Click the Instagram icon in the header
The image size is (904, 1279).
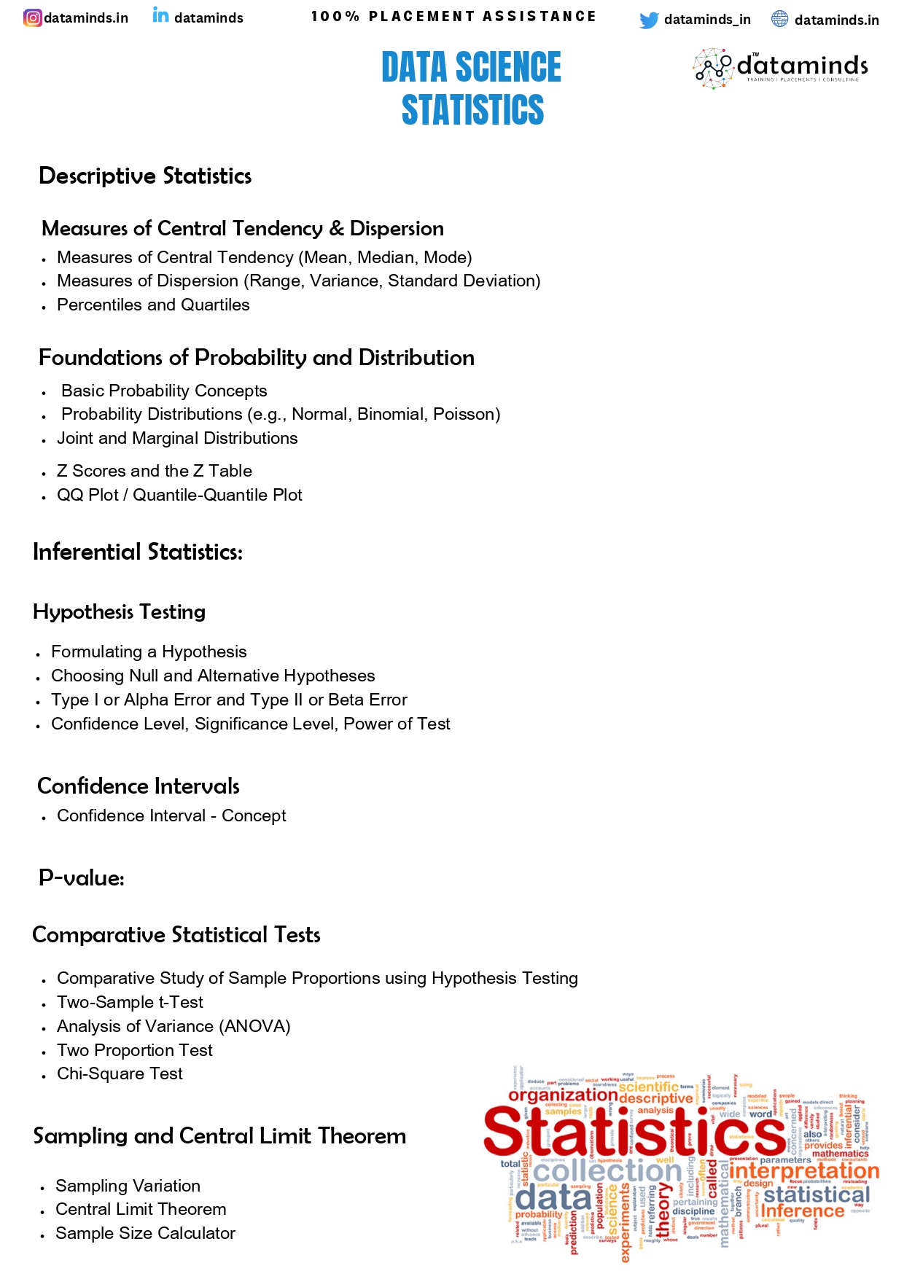click(33, 17)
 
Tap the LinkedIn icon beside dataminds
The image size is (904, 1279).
click(160, 15)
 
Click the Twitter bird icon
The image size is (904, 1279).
click(648, 20)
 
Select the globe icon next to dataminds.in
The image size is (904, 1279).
click(779, 19)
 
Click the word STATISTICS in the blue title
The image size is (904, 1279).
click(472, 110)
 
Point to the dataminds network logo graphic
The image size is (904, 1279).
click(712, 68)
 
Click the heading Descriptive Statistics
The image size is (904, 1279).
click(145, 176)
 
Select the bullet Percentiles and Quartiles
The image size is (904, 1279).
click(153, 305)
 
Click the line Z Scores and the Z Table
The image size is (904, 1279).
click(155, 471)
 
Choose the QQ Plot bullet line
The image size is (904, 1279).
click(179, 495)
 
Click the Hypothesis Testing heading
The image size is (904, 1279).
click(120, 611)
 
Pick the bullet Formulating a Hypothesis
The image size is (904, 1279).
click(149, 652)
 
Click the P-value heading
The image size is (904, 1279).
click(82, 877)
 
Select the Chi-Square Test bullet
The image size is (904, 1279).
click(120, 1073)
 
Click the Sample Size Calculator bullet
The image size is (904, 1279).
click(145, 1233)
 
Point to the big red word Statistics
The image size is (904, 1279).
click(634, 1132)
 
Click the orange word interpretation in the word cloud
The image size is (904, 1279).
click(804, 1170)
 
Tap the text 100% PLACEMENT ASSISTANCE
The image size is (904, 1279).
click(453, 16)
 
